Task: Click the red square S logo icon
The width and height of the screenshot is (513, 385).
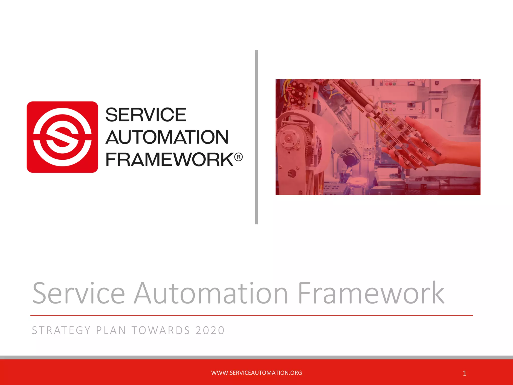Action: pyautogui.click(x=62, y=137)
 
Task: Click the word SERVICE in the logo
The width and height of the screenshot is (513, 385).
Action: pyautogui.click(x=146, y=115)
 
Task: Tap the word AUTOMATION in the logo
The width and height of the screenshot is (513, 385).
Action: pyautogui.click(x=167, y=137)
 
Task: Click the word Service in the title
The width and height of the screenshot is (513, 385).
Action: pyautogui.click(x=78, y=293)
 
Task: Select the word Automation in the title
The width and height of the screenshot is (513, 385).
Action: pyautogui.click(x=211, y=293)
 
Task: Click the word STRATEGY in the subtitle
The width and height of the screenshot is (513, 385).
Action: pyautogui.click(x=61, y=330)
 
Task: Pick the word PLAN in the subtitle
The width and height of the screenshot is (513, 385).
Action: pyautogui.click(x=111, y=330)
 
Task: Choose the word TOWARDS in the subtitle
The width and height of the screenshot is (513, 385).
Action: pyautogui.click(x=161, y=330)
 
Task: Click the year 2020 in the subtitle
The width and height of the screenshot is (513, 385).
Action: pyautogui.click(x=210, y=330)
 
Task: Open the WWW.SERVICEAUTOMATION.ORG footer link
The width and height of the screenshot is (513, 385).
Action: pyautogui.click(x=256, y=373)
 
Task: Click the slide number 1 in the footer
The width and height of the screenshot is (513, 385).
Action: pyautogui.click(x=465, y=373)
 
